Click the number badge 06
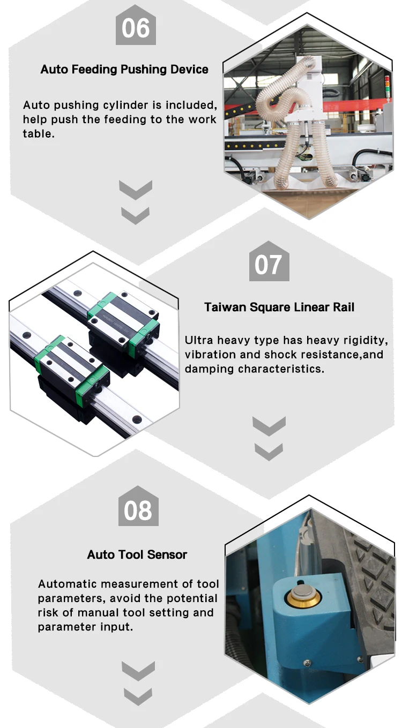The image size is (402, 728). [136, 28]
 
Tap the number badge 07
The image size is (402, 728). [269, 265]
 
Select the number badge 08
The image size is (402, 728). [138, 510]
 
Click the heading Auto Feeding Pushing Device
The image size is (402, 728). [124, 70]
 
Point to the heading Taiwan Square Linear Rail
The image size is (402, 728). [279, 307]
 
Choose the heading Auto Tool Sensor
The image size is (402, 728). [137, 554]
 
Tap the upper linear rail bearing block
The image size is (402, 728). [124, 319]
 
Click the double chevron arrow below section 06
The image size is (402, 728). [135, 202]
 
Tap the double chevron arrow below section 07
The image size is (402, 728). [269, 439]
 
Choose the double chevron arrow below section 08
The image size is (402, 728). [138, 683]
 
